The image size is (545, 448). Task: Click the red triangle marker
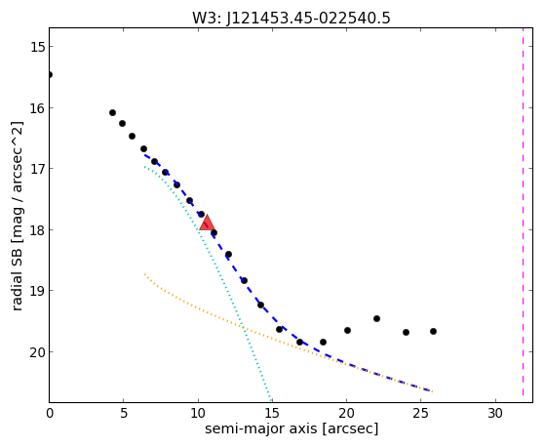click(x=207, y=224)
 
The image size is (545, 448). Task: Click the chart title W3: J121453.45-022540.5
click(x=292, y=18)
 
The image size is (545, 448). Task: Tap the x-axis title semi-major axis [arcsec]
click(x=292, y=428)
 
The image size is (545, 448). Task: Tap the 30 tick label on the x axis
click(x=495, y=414)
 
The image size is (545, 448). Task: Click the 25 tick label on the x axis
click(x=421, y=414)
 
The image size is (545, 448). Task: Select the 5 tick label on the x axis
click(x=124, y=414)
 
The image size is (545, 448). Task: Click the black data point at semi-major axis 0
click(x=50, y=74)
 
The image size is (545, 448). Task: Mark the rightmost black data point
click(x=433, y=332)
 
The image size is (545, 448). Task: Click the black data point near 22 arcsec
click(x=376, y=318)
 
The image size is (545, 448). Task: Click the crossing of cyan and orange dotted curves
click(x=243, y=328)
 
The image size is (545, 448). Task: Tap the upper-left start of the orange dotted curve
click(x=144, y=274)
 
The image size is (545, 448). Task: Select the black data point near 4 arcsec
click(x=112, y=112)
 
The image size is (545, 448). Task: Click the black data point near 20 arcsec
click(x=347, y=330)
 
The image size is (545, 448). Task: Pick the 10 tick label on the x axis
click(x=198, y=414)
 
